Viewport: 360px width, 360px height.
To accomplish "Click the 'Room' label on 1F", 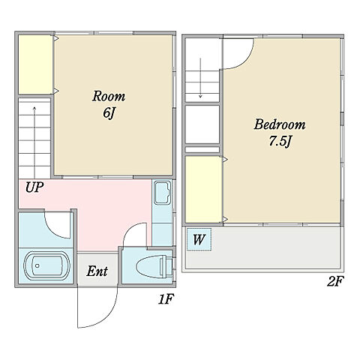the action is pyautogui.click(x=109, y=97).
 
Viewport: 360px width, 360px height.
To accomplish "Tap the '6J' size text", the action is pyautogui.click(x=109, y=113).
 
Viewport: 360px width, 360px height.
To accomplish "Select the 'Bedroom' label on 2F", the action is pyautogui.click(x=280, y=124).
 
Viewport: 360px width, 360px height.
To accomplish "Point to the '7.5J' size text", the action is pyautogui.click(x=280, y=141).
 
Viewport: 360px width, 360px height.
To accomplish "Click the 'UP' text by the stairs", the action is pyautogui.click(x=34, y=187).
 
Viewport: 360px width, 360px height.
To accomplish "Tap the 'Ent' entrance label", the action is pyautogui.click(x=97, y=271).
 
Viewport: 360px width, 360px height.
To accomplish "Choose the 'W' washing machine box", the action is pyautogui.click(x=199, y=239).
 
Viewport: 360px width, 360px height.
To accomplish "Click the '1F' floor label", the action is pyautogui.click(x=166, y=299).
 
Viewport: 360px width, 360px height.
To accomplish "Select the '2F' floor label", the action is pyautogui.click(x=335, y=281).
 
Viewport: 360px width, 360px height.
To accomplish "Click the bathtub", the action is pyautogui.click(x=46, y=265).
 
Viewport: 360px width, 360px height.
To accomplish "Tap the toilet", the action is pyautogui.click(x=154, y=266).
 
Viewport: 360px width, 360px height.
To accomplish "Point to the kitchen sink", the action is pyautogui.click(x=162, y=193).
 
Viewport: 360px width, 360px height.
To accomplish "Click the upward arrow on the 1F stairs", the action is pyautogui.click(x=34, y=142).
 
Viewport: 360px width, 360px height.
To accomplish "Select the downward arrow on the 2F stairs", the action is pyautogui.click(x=200, y=78).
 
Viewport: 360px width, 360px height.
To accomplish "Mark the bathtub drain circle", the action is pyautogui.click(x=37, y=265).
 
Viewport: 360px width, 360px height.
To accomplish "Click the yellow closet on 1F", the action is pyautogui.click(x=35, y=64).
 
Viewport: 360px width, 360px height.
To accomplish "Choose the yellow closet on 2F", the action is pyautogui.click(x=204, y=189).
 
